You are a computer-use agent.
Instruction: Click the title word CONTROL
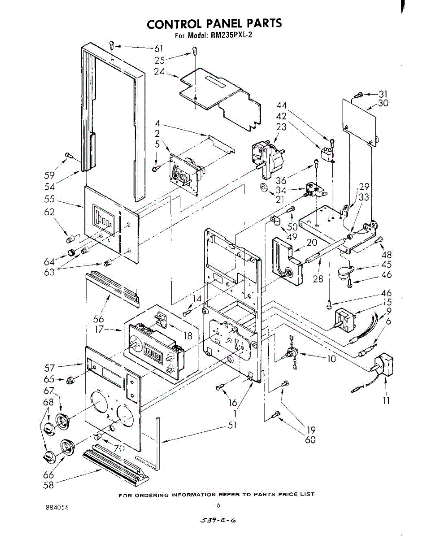tap(176, 23)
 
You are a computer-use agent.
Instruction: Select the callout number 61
tap(158, 49)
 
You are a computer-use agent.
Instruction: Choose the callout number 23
tap(281, 127)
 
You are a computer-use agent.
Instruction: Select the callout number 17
tap(100, 330)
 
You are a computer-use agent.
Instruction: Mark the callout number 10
tap(331, 359)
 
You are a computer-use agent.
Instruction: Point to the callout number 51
tap(232, 425)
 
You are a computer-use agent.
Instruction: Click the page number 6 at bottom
tap(218, 505)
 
